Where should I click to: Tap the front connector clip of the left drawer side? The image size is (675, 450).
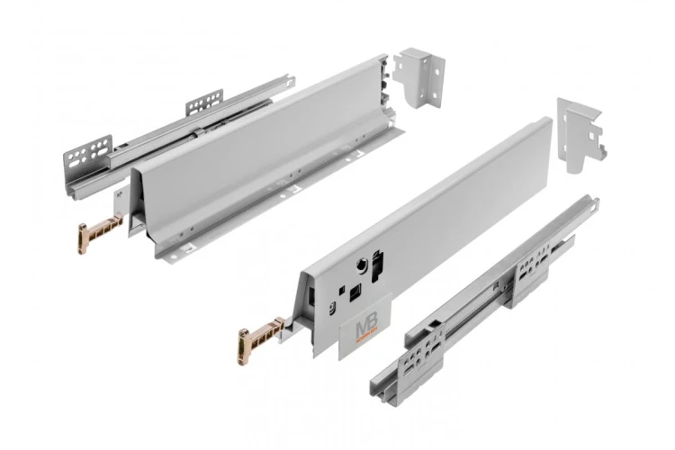(x=97, y=233)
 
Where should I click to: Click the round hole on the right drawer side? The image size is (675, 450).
(x=359, y=266)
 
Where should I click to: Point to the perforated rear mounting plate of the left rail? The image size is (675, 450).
(x=204, y=101)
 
